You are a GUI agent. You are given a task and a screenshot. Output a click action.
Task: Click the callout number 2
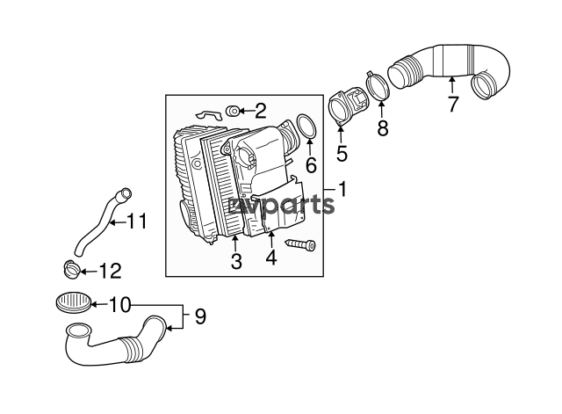point(261,111)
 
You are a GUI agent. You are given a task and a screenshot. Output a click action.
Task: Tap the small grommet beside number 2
point(233,112)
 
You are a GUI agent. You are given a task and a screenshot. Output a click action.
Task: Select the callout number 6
point(311,164)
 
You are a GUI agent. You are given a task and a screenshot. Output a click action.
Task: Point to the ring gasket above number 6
point(306,127)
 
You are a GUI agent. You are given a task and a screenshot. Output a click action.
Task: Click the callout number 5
point(342,153)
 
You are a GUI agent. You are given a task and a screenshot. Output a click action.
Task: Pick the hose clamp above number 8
point(378,86)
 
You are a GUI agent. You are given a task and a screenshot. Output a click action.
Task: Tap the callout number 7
point(453,104)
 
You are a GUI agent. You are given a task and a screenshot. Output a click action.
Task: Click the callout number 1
point(343,189)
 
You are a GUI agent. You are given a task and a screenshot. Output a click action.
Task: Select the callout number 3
point(236,261)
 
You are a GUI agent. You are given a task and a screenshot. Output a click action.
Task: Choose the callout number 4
point(271,258)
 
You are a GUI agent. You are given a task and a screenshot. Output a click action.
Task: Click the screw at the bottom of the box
point(300,244)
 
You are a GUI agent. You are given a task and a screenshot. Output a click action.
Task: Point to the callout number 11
point(138,222)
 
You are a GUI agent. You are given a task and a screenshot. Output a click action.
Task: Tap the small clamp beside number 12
point(71,270)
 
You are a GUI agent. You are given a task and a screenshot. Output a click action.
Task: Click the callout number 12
point(111,272)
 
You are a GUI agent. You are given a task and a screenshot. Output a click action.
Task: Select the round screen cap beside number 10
point(74,303)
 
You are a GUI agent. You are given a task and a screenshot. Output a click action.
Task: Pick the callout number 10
point(119,305)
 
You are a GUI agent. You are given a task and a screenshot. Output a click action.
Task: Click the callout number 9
point(200,316)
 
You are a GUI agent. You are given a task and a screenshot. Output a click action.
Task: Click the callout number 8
point(383,128)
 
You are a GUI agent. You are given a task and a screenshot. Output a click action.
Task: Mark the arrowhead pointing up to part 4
point(271,235)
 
